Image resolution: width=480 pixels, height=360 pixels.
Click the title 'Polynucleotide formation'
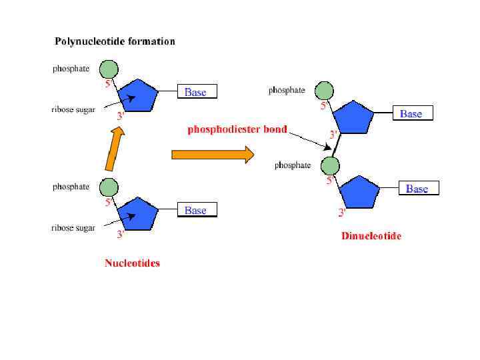click(115, 41)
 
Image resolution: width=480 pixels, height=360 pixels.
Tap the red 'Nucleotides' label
click(132, 263)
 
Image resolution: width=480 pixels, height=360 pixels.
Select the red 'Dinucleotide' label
click(371, 236)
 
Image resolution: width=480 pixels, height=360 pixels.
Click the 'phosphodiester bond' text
click(237, 129)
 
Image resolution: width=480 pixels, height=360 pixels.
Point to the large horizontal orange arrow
click(213, 155)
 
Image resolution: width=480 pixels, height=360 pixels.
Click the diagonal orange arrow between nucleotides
click(115, 149)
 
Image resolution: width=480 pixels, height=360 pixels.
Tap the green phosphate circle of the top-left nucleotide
click(109, 69)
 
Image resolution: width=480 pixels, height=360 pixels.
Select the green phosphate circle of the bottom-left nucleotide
click(109, 187)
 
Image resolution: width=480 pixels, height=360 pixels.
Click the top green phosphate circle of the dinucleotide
click(324, 90)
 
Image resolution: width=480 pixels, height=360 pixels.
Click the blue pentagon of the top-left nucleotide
click(138, 95)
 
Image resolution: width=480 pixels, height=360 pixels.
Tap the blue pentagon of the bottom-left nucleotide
click(138, 213)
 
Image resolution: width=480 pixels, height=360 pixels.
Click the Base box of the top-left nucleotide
click(197, 92)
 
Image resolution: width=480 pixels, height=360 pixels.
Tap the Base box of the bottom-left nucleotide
click(197, 210)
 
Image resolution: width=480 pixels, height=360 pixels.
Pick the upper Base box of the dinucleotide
click(411, 113)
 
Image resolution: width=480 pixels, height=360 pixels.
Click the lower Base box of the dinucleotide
click(418, 189)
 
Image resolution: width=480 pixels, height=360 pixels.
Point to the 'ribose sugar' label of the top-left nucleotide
click(73, 110)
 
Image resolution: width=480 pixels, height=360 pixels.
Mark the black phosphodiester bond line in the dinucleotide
click(337, 143)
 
